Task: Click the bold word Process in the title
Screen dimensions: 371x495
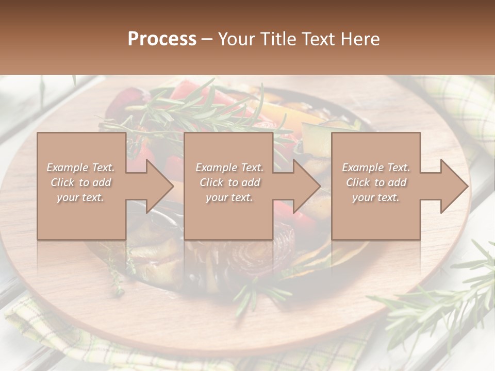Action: [162, 39]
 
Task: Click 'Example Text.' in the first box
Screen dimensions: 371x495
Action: [80, 167]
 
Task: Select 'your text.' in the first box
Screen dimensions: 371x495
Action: [80, 197]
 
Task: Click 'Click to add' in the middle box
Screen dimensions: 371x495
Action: [229, 182]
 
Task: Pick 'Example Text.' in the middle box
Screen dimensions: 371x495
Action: [229, 167]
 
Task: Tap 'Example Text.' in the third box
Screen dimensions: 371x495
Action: [376, 167]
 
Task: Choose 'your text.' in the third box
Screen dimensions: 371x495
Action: [376, 197]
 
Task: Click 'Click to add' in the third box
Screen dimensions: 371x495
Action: [376, 182]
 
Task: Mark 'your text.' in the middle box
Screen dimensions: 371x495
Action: [229, 197]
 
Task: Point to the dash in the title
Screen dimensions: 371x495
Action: [207, 39]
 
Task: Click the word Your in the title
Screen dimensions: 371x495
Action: [237, 39]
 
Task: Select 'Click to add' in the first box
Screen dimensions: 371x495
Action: [80, 182]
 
